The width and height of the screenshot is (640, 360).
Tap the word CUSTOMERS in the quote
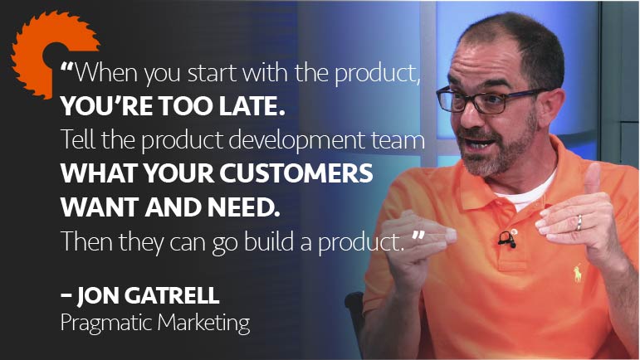[x=296, y=173]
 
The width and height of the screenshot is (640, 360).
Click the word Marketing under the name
[x=203, y=324]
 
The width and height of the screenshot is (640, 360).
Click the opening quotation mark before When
[x=67, y=66]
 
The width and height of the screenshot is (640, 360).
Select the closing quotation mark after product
[x=418, y=236]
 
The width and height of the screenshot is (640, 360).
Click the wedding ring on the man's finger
[x=579, y=223]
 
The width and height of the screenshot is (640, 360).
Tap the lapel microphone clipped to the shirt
[x=507, y=239]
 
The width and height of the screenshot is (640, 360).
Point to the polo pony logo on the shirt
[x=578, y=274]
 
